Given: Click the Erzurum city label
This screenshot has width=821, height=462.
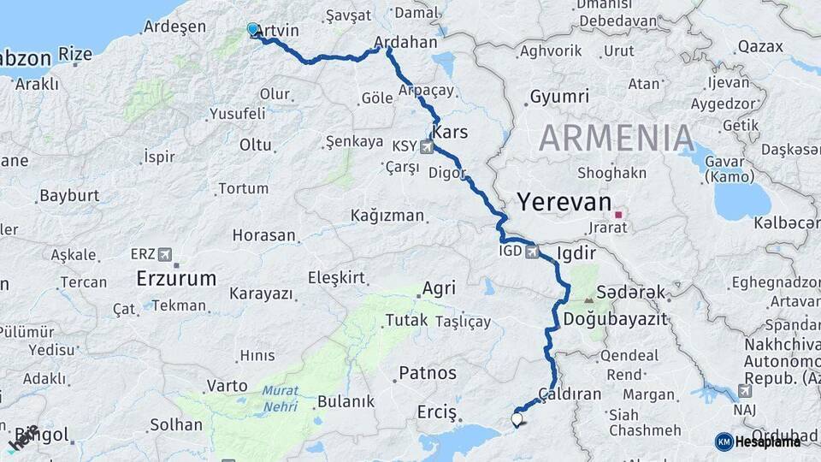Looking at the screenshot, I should tap(176, 278).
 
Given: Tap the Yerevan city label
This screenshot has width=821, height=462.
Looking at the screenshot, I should tap(564, 203).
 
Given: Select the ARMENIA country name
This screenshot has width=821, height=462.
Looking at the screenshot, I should tap(617, 138).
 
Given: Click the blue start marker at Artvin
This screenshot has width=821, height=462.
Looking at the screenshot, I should tap(252, 29).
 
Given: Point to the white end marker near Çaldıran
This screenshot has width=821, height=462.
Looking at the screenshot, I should tap(517, 419).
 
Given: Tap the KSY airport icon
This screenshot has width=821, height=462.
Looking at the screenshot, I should tap(427, 147).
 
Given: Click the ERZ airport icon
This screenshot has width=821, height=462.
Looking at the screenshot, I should tap(165, 255).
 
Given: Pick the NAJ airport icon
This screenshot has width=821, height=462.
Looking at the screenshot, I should tap(744, 391).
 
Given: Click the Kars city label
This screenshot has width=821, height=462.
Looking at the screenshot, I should tap(450, 133).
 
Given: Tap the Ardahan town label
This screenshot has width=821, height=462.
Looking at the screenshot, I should tap(406, 42).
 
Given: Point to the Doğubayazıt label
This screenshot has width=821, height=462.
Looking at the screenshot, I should tap(615, 318).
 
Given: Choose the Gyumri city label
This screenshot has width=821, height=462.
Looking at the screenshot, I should tap(560, 97).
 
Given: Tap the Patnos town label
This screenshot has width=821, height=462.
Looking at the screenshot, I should tap(428, 374).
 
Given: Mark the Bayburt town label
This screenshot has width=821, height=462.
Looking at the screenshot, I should tap(70, 196).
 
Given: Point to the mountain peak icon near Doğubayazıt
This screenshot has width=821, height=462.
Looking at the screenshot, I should tap(589, 300).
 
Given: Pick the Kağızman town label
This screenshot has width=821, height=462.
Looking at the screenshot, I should tap(387, 216).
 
